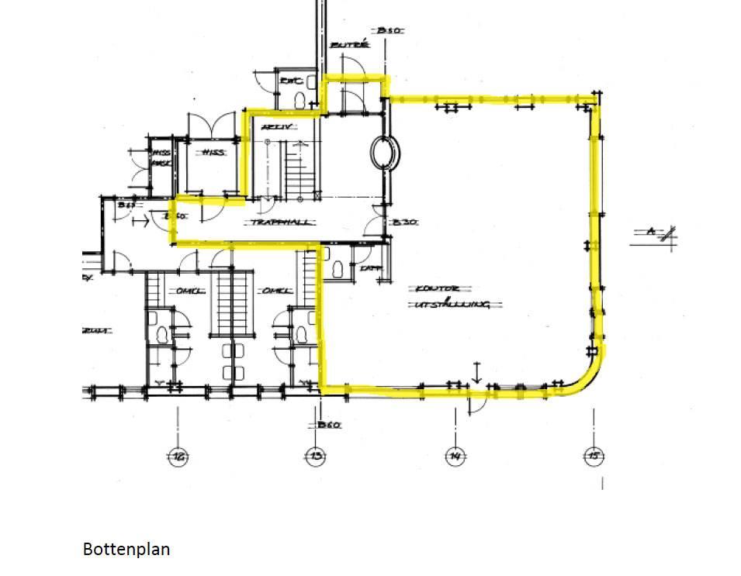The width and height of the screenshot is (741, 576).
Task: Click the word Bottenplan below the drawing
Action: tap(126, 550)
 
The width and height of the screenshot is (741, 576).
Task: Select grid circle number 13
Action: tap(315, 457)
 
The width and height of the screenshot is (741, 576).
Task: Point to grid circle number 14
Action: tap(455, 457)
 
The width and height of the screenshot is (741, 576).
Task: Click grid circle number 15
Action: tap(592, 457)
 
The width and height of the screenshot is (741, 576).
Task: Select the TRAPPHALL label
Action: tap(281, 222)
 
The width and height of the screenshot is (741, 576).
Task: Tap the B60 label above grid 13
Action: tap(329, 425)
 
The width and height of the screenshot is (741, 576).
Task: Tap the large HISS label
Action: tap(212, 153)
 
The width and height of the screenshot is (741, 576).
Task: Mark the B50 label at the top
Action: tap(387, 30)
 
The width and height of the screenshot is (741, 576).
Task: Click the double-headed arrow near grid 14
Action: tap(477, 372)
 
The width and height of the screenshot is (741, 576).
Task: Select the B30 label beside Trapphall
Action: tap(404, 222)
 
